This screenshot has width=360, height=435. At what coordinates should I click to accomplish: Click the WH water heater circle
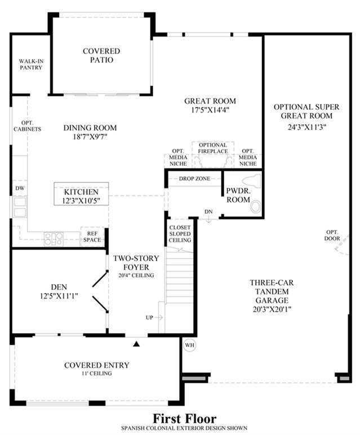click(190, 345)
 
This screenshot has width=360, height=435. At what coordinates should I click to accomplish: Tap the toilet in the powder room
click(252, 181)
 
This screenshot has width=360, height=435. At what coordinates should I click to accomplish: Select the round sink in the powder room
click(256, 207)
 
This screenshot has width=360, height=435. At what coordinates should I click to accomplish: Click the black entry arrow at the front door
click(136, 344)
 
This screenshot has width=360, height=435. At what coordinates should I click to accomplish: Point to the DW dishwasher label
click(20, 188)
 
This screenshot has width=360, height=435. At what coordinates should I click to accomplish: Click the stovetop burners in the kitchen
click(54, 239)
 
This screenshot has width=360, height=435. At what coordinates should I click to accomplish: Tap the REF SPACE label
click(92, 237)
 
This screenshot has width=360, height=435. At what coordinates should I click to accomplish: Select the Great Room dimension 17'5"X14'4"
click(210, 110)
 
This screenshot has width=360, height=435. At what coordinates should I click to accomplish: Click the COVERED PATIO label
click(101, 55)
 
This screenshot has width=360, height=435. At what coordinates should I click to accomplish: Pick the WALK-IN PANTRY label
click(31, 64)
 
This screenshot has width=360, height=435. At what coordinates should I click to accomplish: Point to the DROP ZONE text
click(194, 179)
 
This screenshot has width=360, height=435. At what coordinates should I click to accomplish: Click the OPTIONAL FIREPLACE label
click(213, 148)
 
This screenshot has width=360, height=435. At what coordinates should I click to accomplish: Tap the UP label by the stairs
click(149, 318)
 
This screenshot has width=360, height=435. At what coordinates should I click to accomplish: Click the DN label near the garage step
click(208, 212)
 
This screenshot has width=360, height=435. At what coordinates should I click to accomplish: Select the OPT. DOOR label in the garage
click(332, 236)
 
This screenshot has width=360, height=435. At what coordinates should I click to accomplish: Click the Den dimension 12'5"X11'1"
click(59, 296)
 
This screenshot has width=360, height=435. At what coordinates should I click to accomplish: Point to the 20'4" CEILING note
click(136, 276)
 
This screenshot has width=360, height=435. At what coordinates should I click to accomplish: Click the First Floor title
click(184, 418)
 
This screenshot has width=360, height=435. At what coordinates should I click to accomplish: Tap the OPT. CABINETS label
click(27, 126)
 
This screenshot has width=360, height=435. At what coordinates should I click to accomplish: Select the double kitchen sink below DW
click(20, 207)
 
